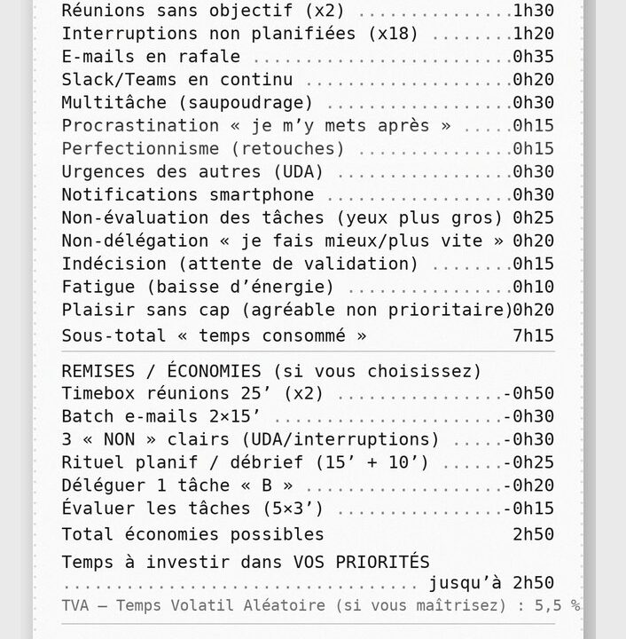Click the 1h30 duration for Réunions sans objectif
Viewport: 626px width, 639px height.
point(534,11)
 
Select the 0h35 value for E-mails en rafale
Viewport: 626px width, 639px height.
point(534,57)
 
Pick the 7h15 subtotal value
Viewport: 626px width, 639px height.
point(534,335)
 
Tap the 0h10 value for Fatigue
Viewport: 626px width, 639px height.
point(534,288)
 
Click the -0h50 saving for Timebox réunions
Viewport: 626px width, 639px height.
point(528,394)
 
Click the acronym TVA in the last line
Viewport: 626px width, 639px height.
point(77,605)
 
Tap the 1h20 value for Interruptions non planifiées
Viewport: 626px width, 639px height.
point(534,34)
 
